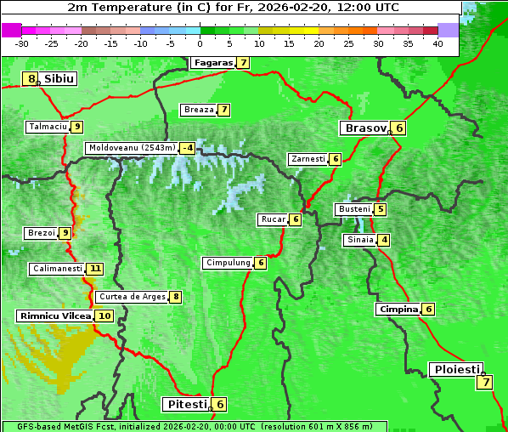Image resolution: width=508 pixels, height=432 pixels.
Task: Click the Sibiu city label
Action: [59, 79]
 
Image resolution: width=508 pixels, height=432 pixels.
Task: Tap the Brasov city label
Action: [364, 128]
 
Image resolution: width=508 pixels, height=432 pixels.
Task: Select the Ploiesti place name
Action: [457, 370]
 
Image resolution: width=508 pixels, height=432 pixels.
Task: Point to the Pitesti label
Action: [185, 404]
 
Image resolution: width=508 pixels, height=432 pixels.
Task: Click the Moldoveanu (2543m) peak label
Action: [132, 148]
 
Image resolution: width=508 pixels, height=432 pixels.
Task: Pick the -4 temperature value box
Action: [187, 148]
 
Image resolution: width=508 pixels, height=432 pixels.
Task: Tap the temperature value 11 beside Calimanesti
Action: [94, 269]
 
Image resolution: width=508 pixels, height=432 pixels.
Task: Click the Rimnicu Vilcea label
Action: [54, 315]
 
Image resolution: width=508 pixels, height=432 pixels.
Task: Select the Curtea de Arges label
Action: [131, 297]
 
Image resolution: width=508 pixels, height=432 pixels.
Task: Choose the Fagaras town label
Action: [212, 63]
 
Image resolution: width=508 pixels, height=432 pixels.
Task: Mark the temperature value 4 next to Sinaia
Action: [384, 240]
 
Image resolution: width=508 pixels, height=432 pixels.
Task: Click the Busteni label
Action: [353, 209]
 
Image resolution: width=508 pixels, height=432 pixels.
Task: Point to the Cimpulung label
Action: [228, 263]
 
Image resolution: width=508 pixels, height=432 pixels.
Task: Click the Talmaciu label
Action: [48, 127]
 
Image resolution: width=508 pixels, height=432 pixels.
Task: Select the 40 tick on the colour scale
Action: [437, 43]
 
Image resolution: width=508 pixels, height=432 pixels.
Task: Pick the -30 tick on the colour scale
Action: [22, 43]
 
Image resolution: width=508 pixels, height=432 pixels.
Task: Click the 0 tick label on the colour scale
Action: [200, 43]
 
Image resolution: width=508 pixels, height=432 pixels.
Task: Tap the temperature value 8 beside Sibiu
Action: [31, 79]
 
